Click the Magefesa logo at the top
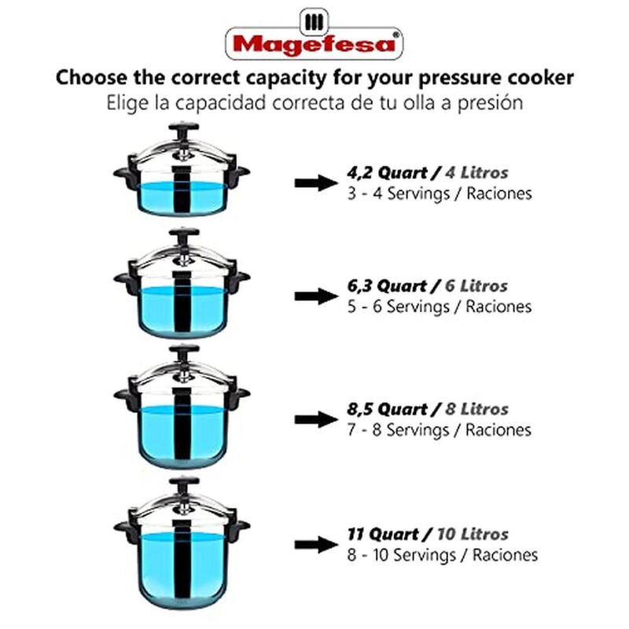pos(314,35)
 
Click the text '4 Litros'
pos(476,172)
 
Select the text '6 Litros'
pos(475,286)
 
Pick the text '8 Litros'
pos(476,410)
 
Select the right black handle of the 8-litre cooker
pos(240,392)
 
